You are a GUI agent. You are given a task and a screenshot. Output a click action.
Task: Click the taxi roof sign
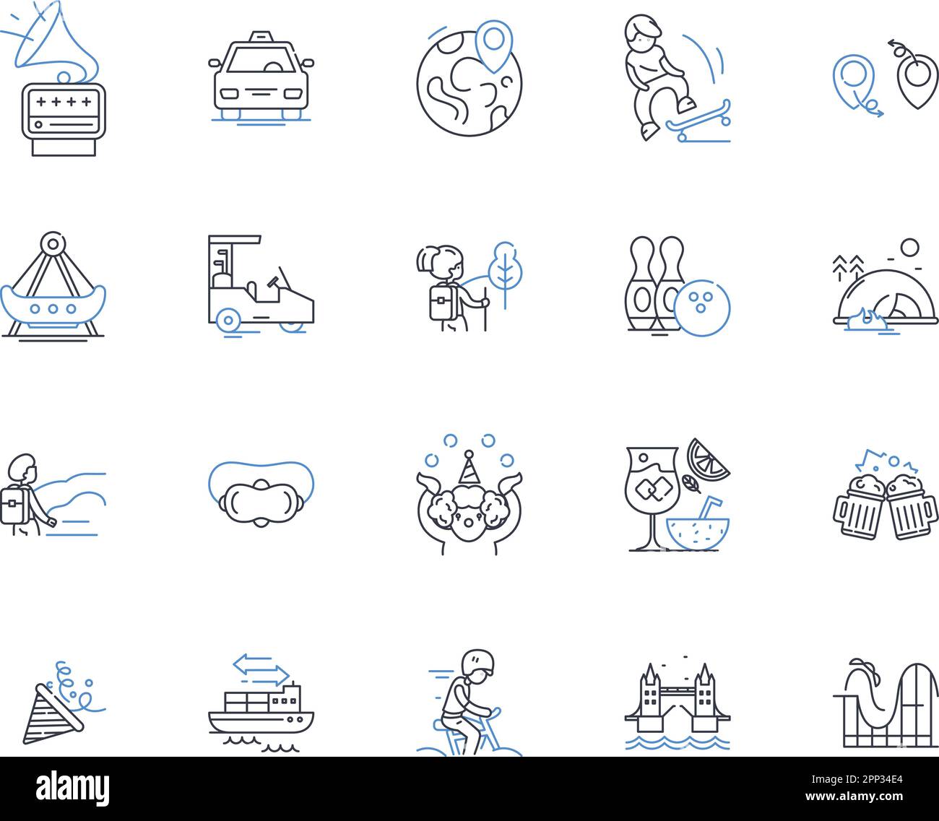(261, 36)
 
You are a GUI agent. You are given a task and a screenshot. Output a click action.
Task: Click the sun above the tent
(909, 248)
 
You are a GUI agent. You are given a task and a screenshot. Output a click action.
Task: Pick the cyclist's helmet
(478, 661)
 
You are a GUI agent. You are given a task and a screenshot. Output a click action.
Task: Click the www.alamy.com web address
(854, 796)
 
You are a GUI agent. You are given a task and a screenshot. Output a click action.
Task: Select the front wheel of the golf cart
(228, 320)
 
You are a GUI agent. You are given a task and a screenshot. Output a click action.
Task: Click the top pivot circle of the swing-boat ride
(53, 243)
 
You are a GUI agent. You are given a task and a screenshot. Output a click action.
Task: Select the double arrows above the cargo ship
(261, 669)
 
